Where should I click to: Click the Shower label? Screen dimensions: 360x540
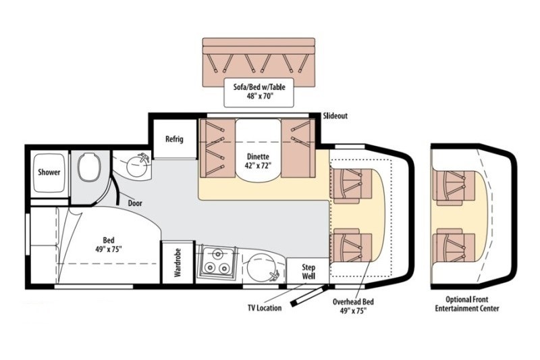click(x=49, y=172)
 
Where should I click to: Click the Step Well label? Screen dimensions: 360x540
click(x=308, y=271)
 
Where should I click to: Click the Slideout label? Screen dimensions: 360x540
click(x=335, y=116)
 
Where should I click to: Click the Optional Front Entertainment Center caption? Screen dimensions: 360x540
click(x=472, y=304)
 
